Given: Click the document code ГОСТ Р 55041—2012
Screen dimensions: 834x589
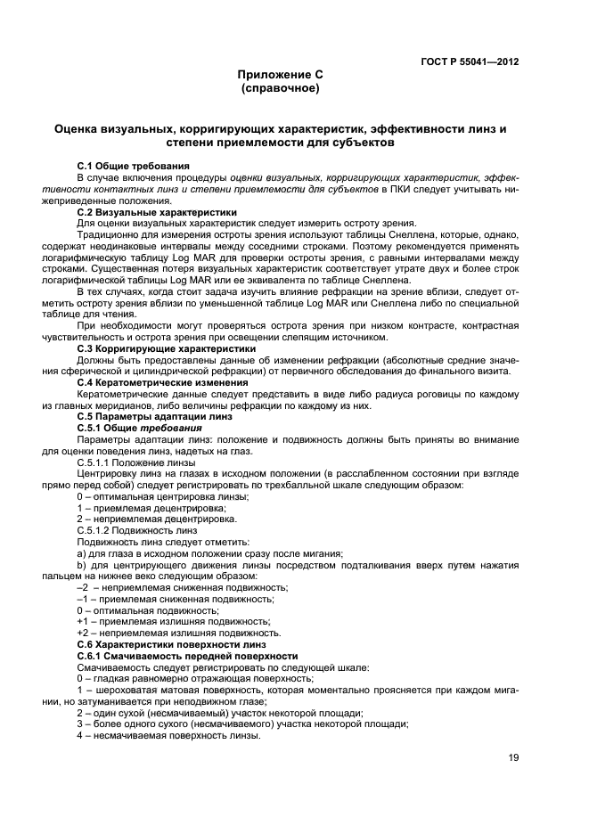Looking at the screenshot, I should pyautogui.click(x=470, y=62).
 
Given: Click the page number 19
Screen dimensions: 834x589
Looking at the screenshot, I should pyautogui.click(x=513, y=757).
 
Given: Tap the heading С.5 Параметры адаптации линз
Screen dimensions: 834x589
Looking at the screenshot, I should pyautogui.click(x=154, y=416).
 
